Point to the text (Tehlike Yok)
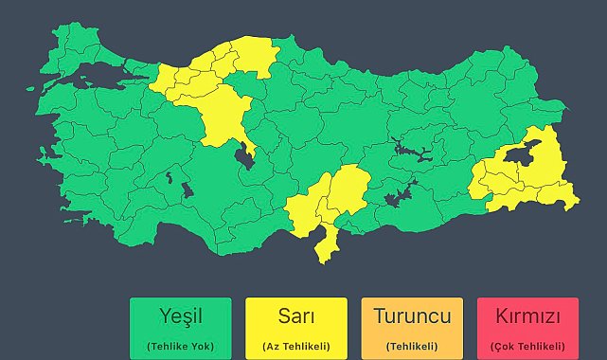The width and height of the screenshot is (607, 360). pyautogui.click(x=180, y=346)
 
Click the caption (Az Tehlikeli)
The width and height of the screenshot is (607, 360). pyautogui.click(x=295, y=346)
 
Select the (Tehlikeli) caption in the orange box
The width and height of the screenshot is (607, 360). pyautogui.click(x=412, y=346)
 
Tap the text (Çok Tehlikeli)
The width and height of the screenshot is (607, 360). pyautogui.click(x=528, y=346)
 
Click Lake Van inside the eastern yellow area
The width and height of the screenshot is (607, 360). pyautogui.click(x=519, y=157)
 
